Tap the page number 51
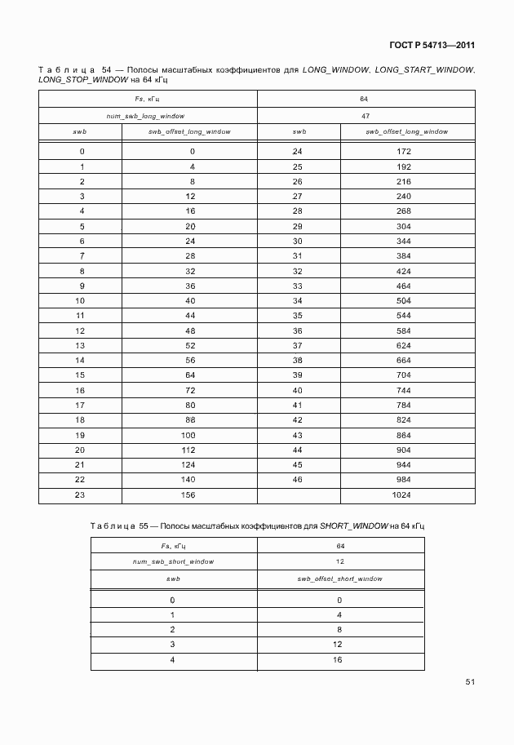click(469, 682)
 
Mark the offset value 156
click(189, 494)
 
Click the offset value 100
click(189, 435)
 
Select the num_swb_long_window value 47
click(366, 117)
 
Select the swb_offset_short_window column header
click(340, 578)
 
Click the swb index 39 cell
click(297, 375)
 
